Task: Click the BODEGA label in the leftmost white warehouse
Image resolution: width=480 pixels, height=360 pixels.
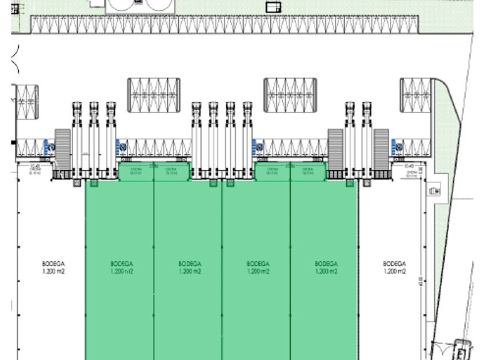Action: [x=53, y=264]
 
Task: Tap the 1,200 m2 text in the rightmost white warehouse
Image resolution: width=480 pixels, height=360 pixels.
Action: [x=394, y=271]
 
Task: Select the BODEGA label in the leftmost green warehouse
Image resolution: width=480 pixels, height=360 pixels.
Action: [x=121, y=264]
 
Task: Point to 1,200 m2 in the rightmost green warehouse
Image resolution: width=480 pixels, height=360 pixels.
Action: [x=326, y=271]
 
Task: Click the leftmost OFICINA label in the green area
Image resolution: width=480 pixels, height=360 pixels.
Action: [x=136, y=170]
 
